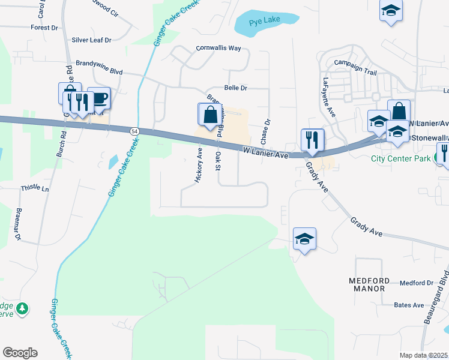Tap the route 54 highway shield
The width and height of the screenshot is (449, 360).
coord(134,131)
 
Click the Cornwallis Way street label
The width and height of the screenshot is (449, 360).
coord(218,48)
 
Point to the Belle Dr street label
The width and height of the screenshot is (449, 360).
coord(236,88)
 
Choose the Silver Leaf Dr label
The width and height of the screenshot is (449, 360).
coord(92,40)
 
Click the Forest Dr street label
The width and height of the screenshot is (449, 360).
coord(44,27)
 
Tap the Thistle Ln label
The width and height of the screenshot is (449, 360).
coord(34,188)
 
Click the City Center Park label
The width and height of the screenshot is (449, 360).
coord(401,159)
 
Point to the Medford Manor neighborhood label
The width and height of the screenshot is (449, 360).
coord(367,284)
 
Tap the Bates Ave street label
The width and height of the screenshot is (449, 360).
coord(409,305)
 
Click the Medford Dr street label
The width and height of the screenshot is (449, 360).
coord(416,283)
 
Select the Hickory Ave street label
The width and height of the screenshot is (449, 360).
coord(199,166)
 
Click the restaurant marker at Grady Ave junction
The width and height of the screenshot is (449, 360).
coord(312,140)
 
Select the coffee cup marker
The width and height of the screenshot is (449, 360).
coord(98,98)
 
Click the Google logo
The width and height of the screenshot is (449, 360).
coord(20,353)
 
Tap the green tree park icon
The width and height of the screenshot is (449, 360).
coord(22,308)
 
